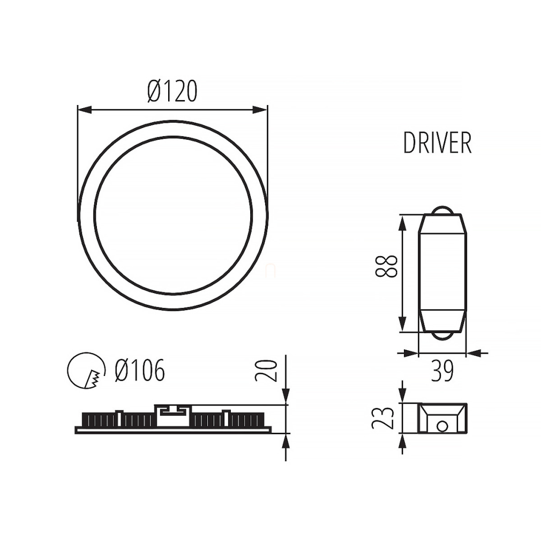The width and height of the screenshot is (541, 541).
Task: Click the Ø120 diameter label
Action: (172, 91)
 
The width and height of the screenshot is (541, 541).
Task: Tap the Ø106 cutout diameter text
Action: (140, 370)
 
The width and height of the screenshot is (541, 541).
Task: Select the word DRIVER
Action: (438, 143)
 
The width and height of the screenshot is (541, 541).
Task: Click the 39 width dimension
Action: (442, 371)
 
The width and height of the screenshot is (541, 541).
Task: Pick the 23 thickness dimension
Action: (382, 418)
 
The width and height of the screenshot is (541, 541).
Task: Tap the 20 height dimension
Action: (266, 371)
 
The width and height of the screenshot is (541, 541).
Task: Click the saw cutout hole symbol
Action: (86, 371)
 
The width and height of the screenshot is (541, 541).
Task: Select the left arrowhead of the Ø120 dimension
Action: (85, 110)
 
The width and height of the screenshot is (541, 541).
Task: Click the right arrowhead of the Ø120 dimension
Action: (260, 110)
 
